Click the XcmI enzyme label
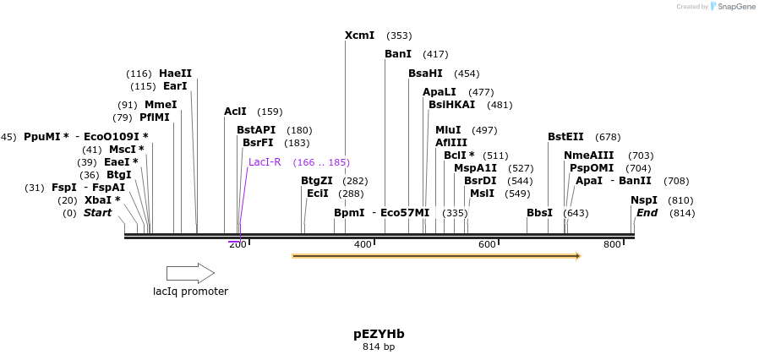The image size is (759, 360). pos(359,35)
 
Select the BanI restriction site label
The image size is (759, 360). pos(397,54)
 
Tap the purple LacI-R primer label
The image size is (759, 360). pos(265,162)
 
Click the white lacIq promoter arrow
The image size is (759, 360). pos(190,273)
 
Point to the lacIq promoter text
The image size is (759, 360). pos(190,292)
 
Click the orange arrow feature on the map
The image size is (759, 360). pos(436,255)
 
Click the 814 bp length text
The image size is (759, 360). pos(379,346)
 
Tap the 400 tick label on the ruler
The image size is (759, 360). pos(363,244)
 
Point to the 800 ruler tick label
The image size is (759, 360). pos(612,244)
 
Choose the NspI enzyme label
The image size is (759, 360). pos(644,200)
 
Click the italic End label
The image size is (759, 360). pos(647,213)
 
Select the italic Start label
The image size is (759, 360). pos(97,213)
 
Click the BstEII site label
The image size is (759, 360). pos(565,137)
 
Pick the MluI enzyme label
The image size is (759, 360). pos(448,130)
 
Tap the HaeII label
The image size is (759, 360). pos(175,74)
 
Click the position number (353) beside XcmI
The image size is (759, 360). pos(399,35)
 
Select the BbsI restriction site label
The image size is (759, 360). pos(539,213)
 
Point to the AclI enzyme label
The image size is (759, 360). pos(235,112)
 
